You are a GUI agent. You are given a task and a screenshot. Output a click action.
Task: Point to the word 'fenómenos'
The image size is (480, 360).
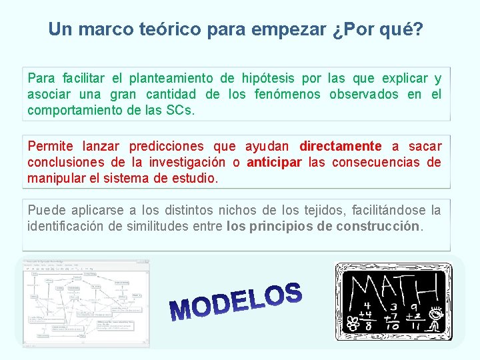[287, 94]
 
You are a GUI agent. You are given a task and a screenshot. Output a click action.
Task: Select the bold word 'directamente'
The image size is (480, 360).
[341, 146]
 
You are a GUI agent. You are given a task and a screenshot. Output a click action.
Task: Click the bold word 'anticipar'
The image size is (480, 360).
[274, 162]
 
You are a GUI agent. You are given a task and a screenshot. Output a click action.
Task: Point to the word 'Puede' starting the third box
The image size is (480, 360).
[43, 211]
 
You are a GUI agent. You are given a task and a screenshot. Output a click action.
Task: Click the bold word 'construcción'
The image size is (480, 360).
[379, 227]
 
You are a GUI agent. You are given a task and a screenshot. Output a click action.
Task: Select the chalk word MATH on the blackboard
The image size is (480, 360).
[393, 288]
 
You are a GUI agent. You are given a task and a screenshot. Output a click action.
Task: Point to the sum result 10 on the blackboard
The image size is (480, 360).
[392, 326]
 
